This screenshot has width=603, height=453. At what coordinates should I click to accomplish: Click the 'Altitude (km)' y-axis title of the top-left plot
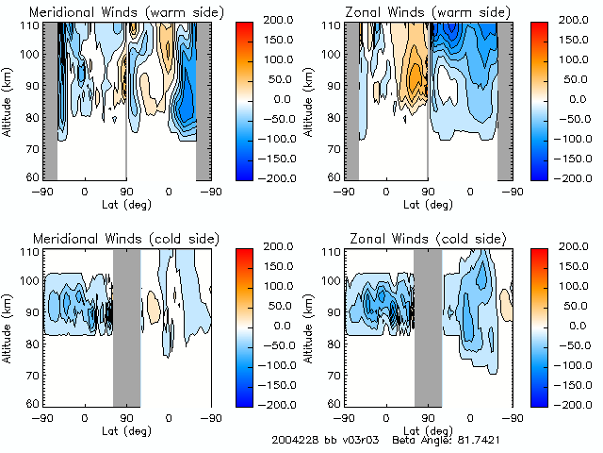pyautogui.click(x=8, y=99)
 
